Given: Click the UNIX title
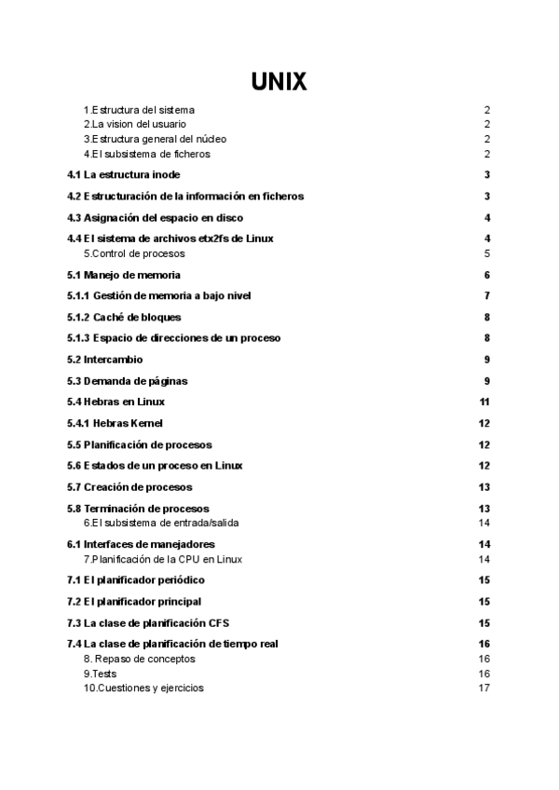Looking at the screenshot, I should pos(279,83).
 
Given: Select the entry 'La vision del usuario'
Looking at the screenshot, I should pos(134,125).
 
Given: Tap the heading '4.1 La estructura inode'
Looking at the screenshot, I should pos(124,175).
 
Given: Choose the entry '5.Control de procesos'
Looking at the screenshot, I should pos(134,253).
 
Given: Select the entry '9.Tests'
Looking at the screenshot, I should pos(100,674).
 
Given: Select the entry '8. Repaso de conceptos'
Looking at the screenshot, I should pos(140,659).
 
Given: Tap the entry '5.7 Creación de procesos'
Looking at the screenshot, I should pos(130,487).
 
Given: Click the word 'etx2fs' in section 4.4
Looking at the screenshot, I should pos(213,238).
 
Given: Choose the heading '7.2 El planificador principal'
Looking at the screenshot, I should pos(134,602).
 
